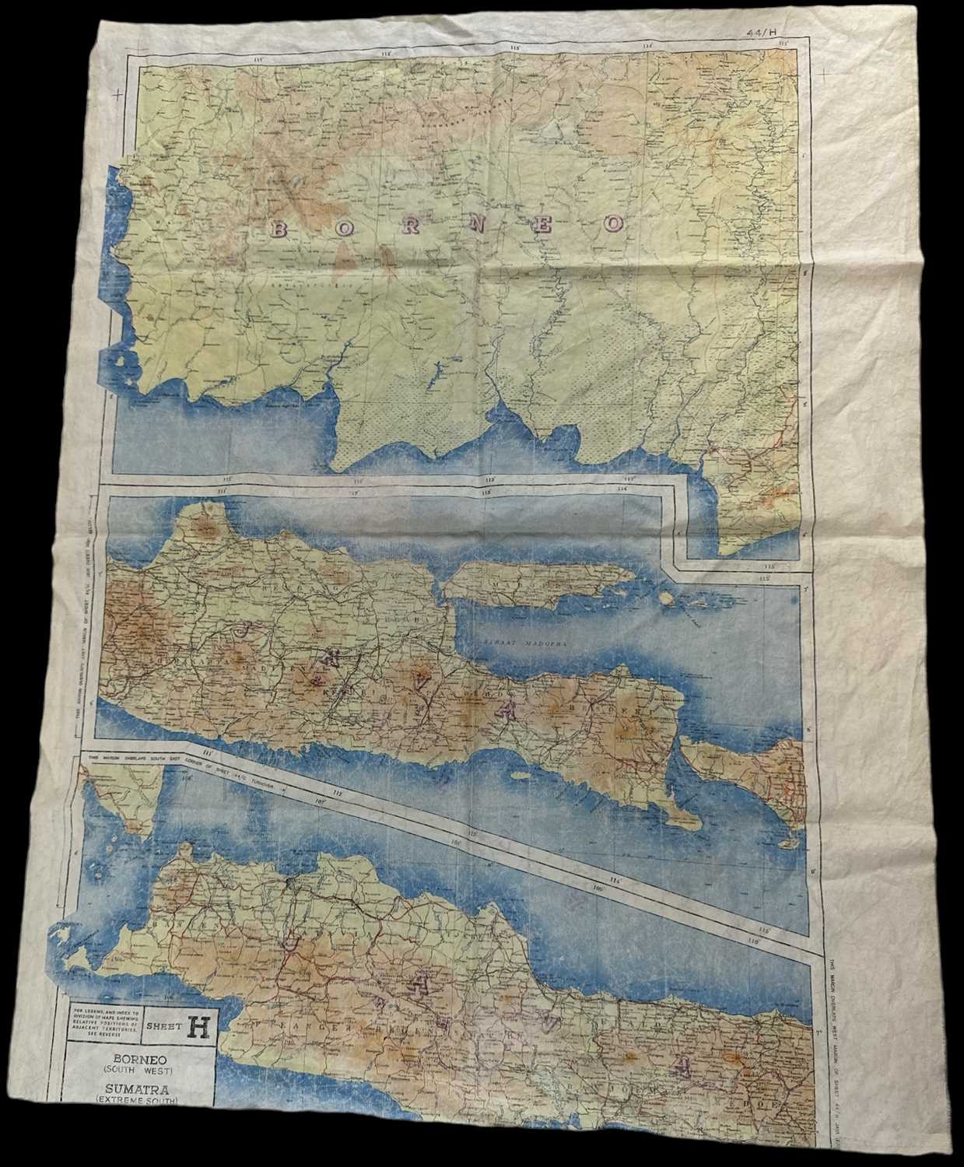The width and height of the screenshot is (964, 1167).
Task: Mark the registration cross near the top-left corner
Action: (117, 95)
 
